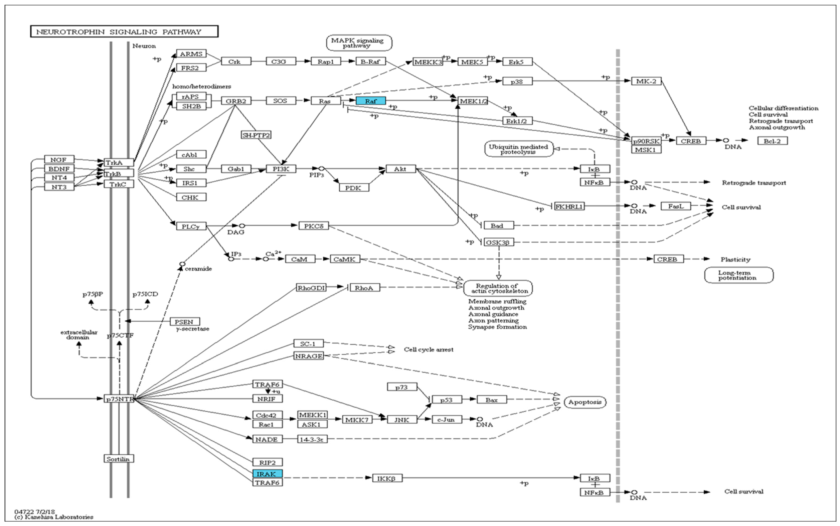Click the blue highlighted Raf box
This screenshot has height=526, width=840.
tap(370, 101)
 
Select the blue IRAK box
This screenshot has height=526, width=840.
tap(267, 474)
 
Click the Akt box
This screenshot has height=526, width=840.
tap(400, 169)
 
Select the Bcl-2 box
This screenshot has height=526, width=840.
tap(772, 141)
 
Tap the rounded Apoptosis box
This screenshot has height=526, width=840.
tap(585, 402)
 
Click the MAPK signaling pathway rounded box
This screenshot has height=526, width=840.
tap(359, 43)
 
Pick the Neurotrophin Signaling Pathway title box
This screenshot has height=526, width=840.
tap(124, 32)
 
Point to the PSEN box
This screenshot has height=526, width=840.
tap(184, 322)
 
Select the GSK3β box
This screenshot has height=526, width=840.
tap(498, 242)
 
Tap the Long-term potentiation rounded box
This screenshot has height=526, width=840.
tap(738, 275)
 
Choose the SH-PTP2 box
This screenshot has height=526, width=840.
tap(256, 135)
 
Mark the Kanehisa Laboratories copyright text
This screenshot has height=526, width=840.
tap(54, 517)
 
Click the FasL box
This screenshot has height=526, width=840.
tap(675, 206)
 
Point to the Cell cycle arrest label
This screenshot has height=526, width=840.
tap(428, 350)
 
